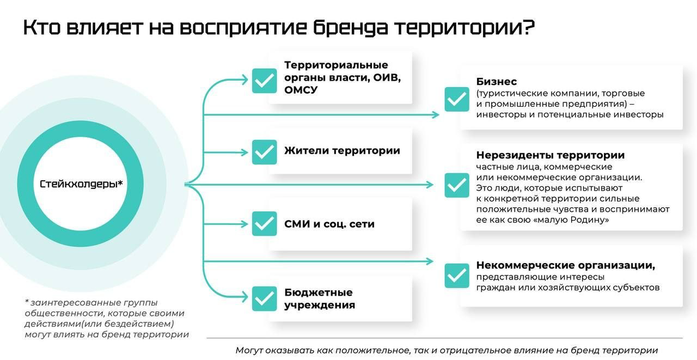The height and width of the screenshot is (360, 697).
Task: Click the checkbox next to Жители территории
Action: pos(264,152)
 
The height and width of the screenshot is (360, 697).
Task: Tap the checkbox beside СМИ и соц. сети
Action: pos(264,224)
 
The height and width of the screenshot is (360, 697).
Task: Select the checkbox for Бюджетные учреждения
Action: pos(264,299)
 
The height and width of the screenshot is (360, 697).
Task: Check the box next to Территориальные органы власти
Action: pos(264,80)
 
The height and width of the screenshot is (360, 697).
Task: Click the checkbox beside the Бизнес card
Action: pos(457,99)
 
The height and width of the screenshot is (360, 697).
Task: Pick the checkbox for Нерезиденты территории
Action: pos(457,185)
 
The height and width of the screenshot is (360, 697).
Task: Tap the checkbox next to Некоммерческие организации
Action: pos(457,276)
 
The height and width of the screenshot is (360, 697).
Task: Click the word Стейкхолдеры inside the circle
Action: pos(78,184)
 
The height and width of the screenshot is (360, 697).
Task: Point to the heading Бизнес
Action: pos(496,82)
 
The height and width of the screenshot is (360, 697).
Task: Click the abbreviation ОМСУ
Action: pos(300,90)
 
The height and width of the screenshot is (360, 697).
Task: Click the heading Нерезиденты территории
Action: pos(550,155)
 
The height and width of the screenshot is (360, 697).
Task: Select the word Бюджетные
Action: pos(318,292)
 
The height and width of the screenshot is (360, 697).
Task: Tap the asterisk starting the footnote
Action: pos(26,302)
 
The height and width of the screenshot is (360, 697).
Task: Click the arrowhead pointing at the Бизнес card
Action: pos(436,115)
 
